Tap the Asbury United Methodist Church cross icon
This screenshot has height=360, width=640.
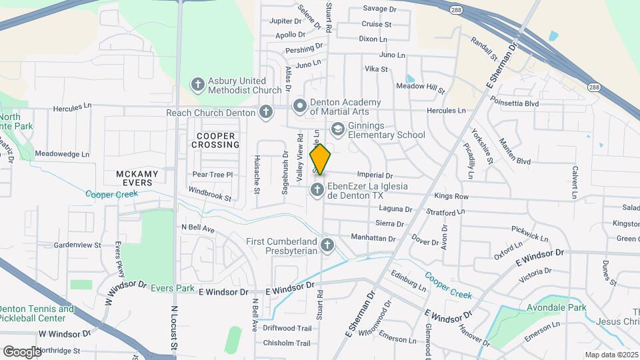pos(197,85)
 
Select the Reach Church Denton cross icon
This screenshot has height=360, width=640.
pos(266,112)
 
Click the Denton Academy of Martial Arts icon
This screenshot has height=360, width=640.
pos(300,105)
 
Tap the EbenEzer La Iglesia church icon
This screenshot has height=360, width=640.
pos(315,191)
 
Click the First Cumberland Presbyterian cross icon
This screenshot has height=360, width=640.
pos(327,245)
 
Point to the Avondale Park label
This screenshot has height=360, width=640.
pos(557,307)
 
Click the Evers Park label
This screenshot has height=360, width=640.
pos(172,289)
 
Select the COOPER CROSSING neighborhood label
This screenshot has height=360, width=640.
pos(216,140)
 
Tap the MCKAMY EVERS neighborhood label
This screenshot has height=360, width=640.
pos(137,179)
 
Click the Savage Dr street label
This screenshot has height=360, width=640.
pos(379,9)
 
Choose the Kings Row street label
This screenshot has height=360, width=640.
pos(451,197)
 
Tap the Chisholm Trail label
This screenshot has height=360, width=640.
pos(287,343)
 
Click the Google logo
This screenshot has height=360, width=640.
pos(22,351)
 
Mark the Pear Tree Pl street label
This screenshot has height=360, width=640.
pos(212,175)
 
